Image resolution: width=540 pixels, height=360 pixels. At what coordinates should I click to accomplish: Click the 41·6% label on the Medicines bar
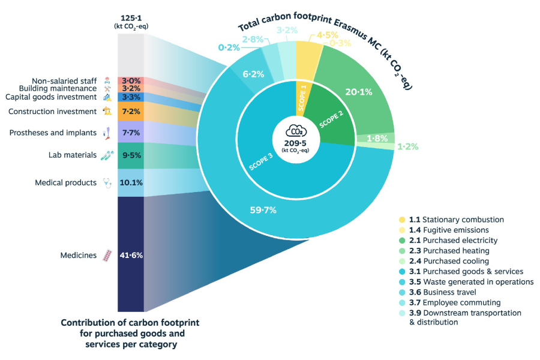click(130, 255)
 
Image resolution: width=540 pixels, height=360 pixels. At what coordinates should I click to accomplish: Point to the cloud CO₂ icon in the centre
click(295, 131)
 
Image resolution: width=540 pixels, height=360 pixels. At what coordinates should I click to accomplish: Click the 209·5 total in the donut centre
click(295, 142)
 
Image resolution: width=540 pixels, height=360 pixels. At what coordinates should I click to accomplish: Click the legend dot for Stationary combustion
click(402, 220)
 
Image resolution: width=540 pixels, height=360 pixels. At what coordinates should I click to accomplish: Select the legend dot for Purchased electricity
click(402, 241)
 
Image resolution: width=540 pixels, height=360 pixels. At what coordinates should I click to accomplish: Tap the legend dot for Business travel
click(402, 292)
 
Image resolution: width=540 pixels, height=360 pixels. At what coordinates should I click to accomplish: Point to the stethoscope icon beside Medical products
click(107, 182)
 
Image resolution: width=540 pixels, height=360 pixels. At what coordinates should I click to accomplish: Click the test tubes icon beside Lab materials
click(107, 155)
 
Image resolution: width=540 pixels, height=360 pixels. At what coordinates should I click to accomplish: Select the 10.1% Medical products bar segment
click(130, 182)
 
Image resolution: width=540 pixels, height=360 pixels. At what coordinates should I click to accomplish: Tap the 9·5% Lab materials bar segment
click(130, 155)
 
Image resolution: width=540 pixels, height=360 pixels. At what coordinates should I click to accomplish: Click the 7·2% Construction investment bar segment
click(130, 112)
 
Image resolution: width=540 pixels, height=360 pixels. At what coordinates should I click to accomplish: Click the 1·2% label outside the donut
click(407, 146)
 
